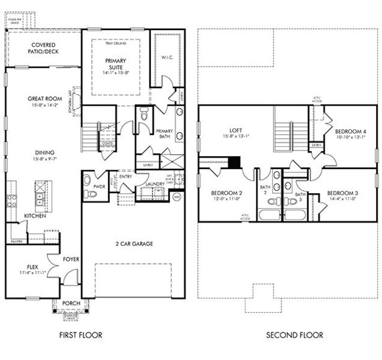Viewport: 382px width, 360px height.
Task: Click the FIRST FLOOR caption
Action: (82, 335)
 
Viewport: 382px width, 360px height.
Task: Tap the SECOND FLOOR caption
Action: (294, 335)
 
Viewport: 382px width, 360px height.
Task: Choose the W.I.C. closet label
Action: (167, 58)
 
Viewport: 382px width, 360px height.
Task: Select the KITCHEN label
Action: (35, 215)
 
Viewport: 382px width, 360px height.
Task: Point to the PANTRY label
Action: (16, 241)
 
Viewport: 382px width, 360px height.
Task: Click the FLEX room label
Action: (32, 266)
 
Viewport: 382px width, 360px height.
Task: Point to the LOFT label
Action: (235, 130)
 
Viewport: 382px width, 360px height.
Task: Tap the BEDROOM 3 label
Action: (342, 193)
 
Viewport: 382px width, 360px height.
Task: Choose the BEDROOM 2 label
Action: (226, 193)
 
